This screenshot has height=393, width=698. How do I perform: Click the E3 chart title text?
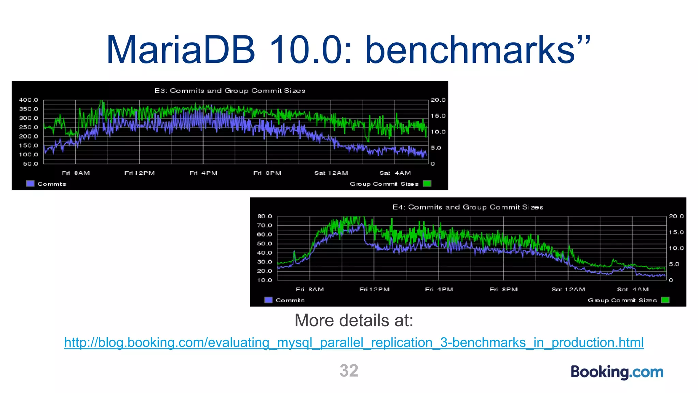coord(230,91)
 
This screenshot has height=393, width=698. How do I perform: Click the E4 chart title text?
coord(468,207)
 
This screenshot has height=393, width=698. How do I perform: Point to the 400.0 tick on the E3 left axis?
coord(29,100)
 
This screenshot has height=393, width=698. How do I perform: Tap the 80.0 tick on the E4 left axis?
coord(264,216)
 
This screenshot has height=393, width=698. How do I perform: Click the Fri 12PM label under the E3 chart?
coord(140,173)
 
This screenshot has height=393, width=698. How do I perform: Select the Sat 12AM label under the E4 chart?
coord(568,289)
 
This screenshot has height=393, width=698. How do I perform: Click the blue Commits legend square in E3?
coord(30,184)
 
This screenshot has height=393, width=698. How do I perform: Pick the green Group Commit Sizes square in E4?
coord(665,300)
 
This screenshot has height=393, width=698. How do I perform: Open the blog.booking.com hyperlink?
coord(354,343)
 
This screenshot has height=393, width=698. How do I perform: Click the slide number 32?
coord(349,370)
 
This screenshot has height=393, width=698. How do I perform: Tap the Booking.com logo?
coord(617,372)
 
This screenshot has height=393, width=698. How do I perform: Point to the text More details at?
coord(354,320)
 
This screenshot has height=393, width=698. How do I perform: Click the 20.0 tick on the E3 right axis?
coord(438,100)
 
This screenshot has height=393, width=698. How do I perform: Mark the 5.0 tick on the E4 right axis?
coord(674,264)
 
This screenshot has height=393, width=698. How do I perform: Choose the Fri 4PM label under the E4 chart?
coord(439,289)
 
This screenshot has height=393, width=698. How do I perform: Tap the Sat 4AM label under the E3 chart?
coord(395,173)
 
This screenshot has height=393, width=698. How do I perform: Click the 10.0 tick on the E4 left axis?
coord(264,280)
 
